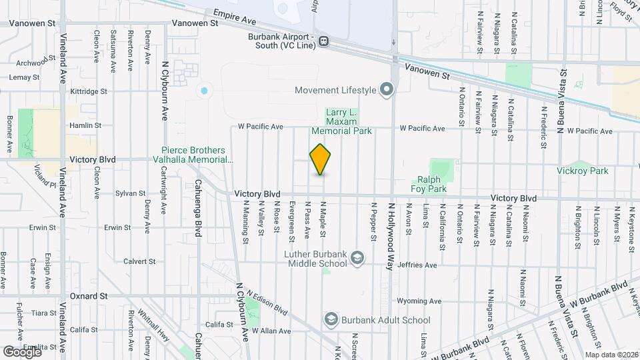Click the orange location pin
pyautogui.click(x=321, y=159)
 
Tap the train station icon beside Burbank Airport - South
pyautogui.click(x=324, y=41)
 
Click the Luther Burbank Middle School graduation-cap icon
pyautogui.click(x=357, y=258)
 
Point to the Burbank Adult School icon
pyautogui.click(x=331, y=320)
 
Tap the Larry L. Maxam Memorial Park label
pyautogui.click(x=349, y=121)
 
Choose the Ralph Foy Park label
pyautogui.click(x=432, y=184)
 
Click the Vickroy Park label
pyautogui.click(x=583, y=171)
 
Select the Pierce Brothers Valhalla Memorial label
pyautogui.click(x=197, y=155)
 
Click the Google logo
pyautogui.click(x=21, y=351)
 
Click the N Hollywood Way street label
pyautogui.click(x=391, y=236)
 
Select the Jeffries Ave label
pyautogui.click(x=416, y=265)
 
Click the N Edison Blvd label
pyautogui.click(x=266, y=301)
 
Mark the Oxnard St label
pyautogui.click(x=89, y=295)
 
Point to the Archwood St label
pyautogui.click(x=33, y=63)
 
